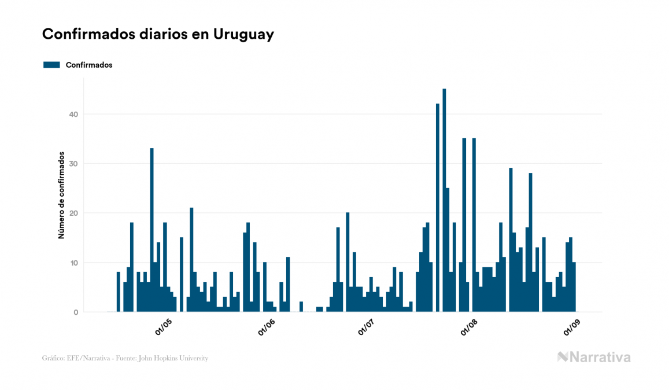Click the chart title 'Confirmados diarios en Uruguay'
pos(158,34)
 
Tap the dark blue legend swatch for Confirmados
pos(51,65)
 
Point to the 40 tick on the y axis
pos(73,115)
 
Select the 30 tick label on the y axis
pos(73,164)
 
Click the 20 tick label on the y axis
pos(73,214)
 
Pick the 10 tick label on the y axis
pos(73,263)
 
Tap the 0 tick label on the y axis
pos(75,312)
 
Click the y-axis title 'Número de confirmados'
pos(61,196)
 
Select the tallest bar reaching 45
pos(444,200)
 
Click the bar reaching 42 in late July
pos(438,208)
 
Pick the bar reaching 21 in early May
pos(191,260)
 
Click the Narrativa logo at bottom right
pos(594,357)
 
